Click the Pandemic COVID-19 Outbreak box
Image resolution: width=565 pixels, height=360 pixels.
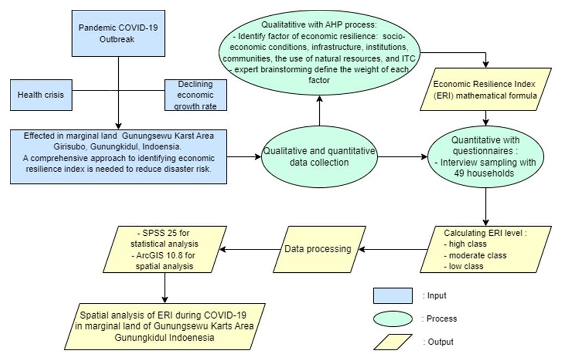[118, 33]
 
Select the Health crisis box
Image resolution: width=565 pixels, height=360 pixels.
[41, 95]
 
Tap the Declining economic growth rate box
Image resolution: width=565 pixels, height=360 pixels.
[195, 95]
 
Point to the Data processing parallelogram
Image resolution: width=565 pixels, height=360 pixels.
[318, 249]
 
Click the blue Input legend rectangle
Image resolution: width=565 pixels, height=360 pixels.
[392, 296]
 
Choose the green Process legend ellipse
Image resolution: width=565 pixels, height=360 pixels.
[392, 319]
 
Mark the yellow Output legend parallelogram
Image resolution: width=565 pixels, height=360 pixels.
[392, 342]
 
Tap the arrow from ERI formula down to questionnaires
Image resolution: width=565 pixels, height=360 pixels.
[486, 116]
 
